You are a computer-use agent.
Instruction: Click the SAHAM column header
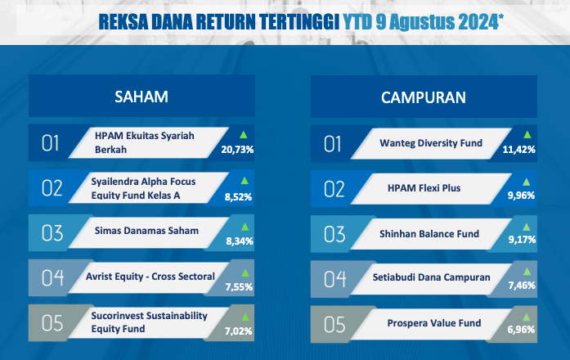pos(141,97)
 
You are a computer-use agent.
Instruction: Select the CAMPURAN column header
pos(424,97)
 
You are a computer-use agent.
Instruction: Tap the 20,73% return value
pos(237,150)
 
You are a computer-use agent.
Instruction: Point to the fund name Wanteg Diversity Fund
pos(431,143)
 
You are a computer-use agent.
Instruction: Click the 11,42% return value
pos(518,150)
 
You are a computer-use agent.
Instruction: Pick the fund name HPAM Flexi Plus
pos(424,188)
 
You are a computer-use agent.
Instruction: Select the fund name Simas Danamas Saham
pos(146,231)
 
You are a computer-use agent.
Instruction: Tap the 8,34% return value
pos(240,241)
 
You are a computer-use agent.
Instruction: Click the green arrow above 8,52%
pos(245,181)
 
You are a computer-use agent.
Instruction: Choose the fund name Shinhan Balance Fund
pos(429,234)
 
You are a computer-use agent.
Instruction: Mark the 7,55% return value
pos(239,287)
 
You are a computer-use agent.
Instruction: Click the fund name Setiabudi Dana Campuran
pos(432,277)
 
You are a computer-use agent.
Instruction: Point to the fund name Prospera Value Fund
pos(434,323)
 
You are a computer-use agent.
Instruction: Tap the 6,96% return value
pos(521,330)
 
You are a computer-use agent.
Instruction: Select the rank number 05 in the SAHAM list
pos(52,323)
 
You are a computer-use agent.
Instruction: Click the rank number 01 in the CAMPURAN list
pos(332,144)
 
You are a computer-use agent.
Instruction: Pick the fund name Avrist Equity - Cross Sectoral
pos(150,277)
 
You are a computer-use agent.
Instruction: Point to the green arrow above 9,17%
pos(527,227)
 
